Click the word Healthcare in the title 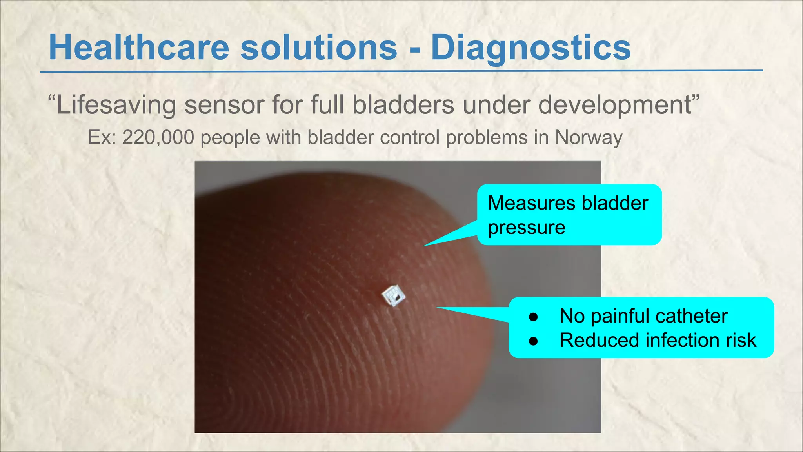(139, 48)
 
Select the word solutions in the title (319, 48)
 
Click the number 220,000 (158, 138)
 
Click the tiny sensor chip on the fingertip (394, 295)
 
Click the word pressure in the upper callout (526, 228)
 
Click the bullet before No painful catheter (533, 317)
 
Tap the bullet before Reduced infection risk (533, 341)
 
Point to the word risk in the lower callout (741, 340)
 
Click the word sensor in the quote (223, 105)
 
